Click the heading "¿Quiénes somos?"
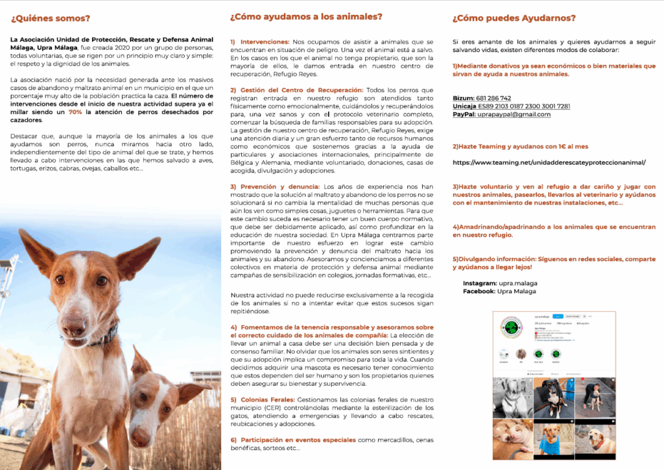[x=51, y=18]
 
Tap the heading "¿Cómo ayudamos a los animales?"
[x=306, y=17]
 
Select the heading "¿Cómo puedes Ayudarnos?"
[x=514, y=18]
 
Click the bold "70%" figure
[x=75, y=112]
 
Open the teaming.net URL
[x=549, y=162]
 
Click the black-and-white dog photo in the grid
[x=512, y=397]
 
